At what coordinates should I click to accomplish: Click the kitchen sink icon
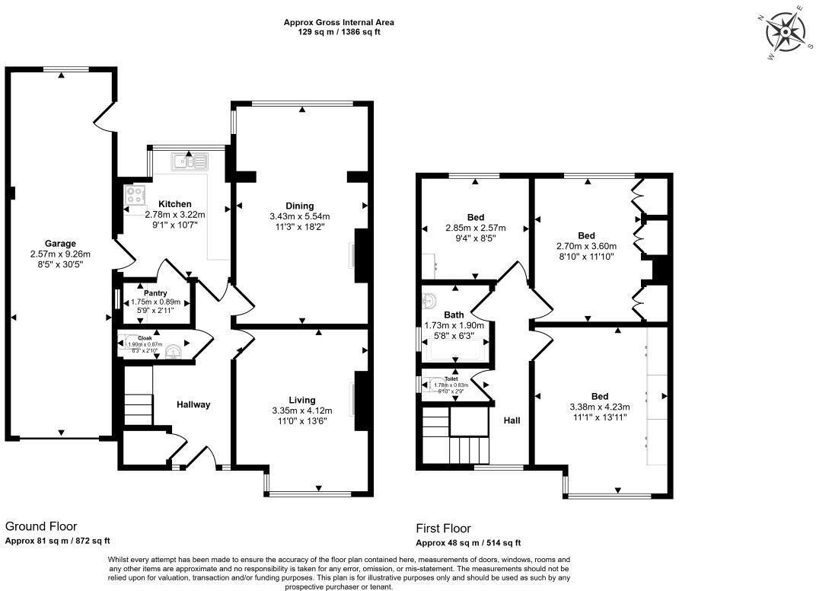[190, 161]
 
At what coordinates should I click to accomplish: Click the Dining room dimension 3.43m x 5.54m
[299, 216]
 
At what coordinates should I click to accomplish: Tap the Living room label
[301, 400]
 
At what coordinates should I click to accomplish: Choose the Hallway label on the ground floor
[193, 404]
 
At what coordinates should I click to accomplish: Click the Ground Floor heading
[41, 526]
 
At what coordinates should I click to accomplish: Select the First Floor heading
[443, 528]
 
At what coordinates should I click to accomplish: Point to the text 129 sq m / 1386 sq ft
[339, 33]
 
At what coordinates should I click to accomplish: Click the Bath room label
[454, 314]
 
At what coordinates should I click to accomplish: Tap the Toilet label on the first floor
[451, 378]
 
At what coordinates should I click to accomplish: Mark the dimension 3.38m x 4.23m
[599, 407]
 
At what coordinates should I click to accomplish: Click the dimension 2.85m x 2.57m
[475, 228]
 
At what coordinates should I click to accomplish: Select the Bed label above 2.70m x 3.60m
[586, 235]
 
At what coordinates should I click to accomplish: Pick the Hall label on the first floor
[512, 420]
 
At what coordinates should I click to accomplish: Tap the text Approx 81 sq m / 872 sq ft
[58, 541]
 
